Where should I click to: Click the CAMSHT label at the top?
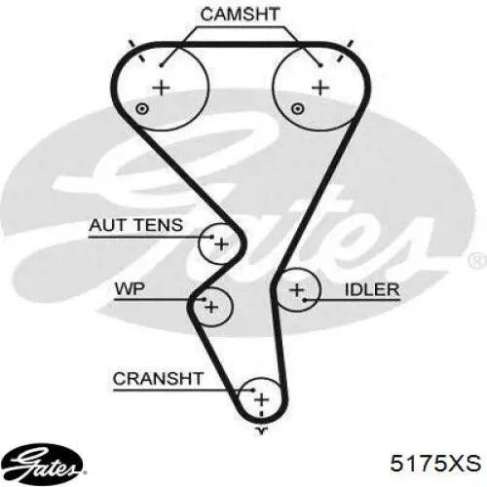(x=240, y=15)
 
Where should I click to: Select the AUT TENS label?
(x=136, y=225)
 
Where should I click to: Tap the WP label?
(x=130, y=288)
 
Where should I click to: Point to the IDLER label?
(x=372, y=289)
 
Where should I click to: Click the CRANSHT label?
(x=158, y=378)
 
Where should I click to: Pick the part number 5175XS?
(x=435, y=463)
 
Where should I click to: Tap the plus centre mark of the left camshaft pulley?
(x=162, y=88)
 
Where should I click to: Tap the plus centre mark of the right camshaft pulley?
(x=320, y=88)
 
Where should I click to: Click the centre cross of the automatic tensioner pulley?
(x=222, y=243)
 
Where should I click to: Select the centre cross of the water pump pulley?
(x=211, y=307)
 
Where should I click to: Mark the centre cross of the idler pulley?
(x=297, y=290)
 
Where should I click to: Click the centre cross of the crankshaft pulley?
(x=262, y=399)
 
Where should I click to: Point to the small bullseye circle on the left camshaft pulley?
(x=142, y=109)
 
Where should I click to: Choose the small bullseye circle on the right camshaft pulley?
(x=297, y=109)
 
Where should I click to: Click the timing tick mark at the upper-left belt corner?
(x=136, y=51)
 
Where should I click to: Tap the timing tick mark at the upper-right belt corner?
(x=346, y=51)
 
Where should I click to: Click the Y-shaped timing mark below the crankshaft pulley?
(x=262, y=431)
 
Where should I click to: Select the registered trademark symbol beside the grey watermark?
(x=478, y=261)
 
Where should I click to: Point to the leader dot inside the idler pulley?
(x=305, y=300)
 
